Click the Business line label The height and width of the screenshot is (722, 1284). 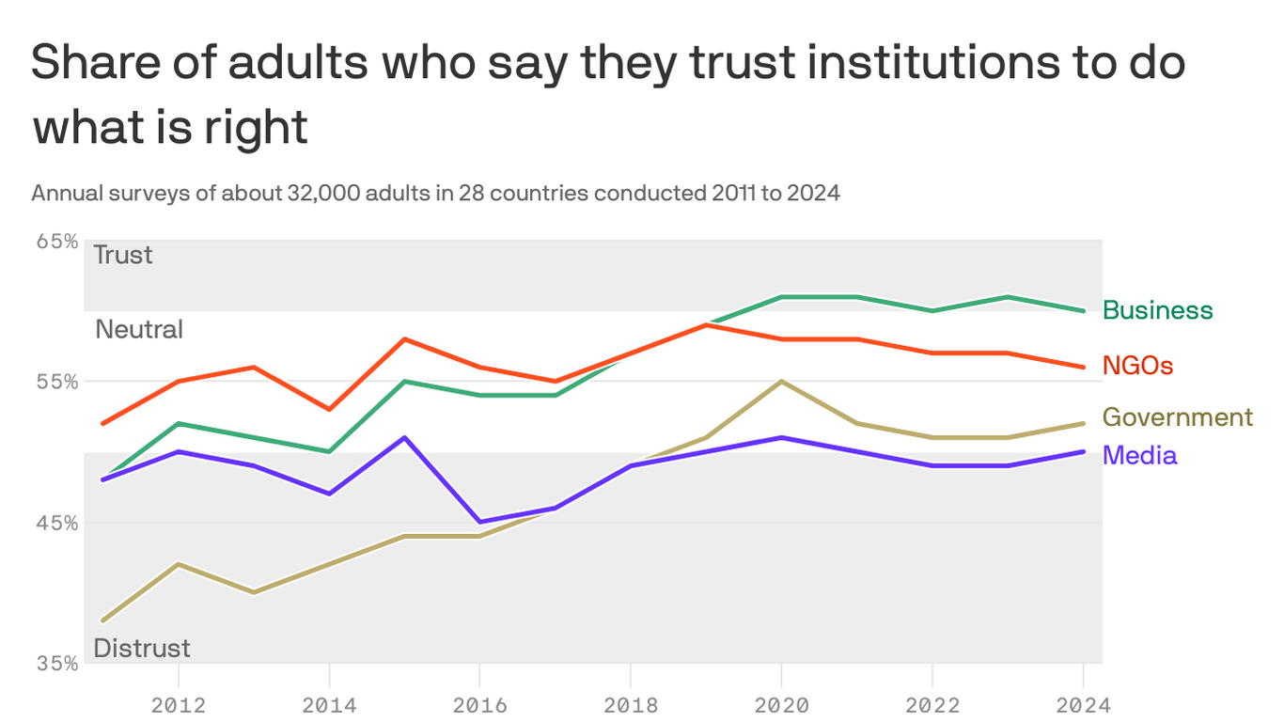1157,310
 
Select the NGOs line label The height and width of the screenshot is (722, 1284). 1137,366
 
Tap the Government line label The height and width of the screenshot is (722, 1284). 1177,416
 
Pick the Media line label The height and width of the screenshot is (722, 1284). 1139,455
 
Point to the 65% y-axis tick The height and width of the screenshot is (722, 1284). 56,241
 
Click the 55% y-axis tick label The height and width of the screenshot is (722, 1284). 56,382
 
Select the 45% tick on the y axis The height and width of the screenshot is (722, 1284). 56,523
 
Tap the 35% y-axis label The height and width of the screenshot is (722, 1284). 56,663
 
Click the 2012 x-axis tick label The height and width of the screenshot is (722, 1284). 179,704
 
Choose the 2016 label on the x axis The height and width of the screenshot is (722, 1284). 479,704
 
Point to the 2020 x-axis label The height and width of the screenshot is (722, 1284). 781,704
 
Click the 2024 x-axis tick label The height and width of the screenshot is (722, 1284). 1083,704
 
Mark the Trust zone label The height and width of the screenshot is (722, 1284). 122,255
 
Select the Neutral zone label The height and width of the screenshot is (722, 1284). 139,329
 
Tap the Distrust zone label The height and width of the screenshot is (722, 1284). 142,648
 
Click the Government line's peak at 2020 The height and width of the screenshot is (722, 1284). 781,382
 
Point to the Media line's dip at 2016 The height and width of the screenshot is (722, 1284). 479,522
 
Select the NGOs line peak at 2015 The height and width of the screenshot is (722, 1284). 404,338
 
